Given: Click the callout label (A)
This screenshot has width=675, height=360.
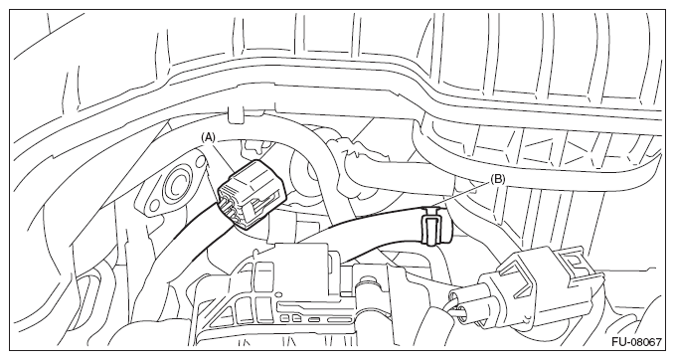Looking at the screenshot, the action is coord(208,137).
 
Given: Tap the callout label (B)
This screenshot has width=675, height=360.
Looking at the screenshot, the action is coord(498,180).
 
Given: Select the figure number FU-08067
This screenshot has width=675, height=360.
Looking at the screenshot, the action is coord(636,342).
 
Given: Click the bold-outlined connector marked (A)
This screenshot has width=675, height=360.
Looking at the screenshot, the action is coord(252,195).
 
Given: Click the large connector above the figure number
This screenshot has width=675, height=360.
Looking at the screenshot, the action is coord(534,288).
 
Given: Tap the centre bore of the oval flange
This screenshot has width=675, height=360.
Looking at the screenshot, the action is coord(177,186).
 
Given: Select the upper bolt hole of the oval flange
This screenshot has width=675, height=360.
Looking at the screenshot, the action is coord(200,161).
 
